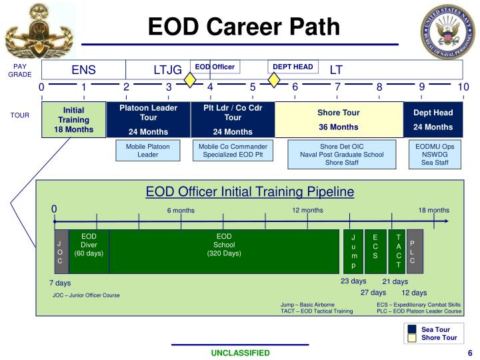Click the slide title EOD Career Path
tap(243, 27)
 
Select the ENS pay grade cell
tap(84, 70)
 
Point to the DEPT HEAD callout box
tap(293, 67)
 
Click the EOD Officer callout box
tap(215, 67)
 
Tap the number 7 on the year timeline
tap(337, 87)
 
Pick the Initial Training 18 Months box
tap(73, 120)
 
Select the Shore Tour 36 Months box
tap(339, 120)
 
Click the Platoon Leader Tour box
tap(148, 120)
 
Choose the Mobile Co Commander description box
tap(233, 151)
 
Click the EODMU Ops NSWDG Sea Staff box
tap(435, 151)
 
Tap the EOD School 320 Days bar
tap(224, 251)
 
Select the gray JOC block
tap(60, 252)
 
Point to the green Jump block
tap(353, 251)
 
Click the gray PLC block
tap(413, 251)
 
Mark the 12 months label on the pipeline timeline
tap(307, 211)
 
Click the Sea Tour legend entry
tap(435, 329)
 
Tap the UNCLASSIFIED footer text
tap(241, 353)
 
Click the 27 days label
tap(373, 293)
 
